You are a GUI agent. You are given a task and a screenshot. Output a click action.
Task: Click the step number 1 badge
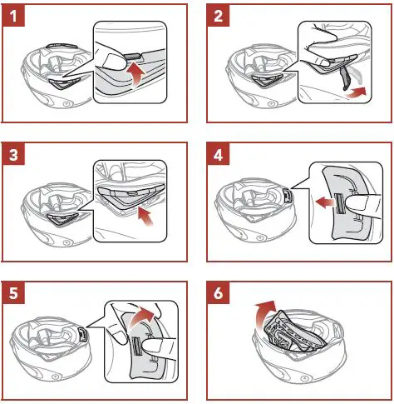click(13, 16)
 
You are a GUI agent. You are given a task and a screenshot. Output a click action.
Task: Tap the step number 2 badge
click(218, 16)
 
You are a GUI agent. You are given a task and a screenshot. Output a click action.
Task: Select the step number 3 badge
click(13, 154)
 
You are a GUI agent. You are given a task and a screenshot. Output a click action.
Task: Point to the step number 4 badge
click(218, 154)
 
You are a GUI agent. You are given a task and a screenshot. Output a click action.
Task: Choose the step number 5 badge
click(13, 293)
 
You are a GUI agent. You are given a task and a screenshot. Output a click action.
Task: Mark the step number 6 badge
click(218, 293)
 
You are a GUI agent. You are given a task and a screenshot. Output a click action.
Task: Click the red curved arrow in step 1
click(136, 74)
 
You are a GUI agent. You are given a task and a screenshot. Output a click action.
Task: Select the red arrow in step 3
click(146, 216)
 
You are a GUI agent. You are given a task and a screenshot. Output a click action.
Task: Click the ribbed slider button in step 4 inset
click(338, 203)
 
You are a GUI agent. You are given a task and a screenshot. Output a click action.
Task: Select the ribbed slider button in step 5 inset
click(136, 345)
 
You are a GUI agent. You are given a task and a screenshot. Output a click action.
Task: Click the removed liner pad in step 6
click(296, 332)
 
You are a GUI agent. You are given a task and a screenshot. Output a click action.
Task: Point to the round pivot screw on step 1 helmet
click(66, 104)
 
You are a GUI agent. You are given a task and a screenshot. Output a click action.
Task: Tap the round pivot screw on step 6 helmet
click(305, 378)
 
